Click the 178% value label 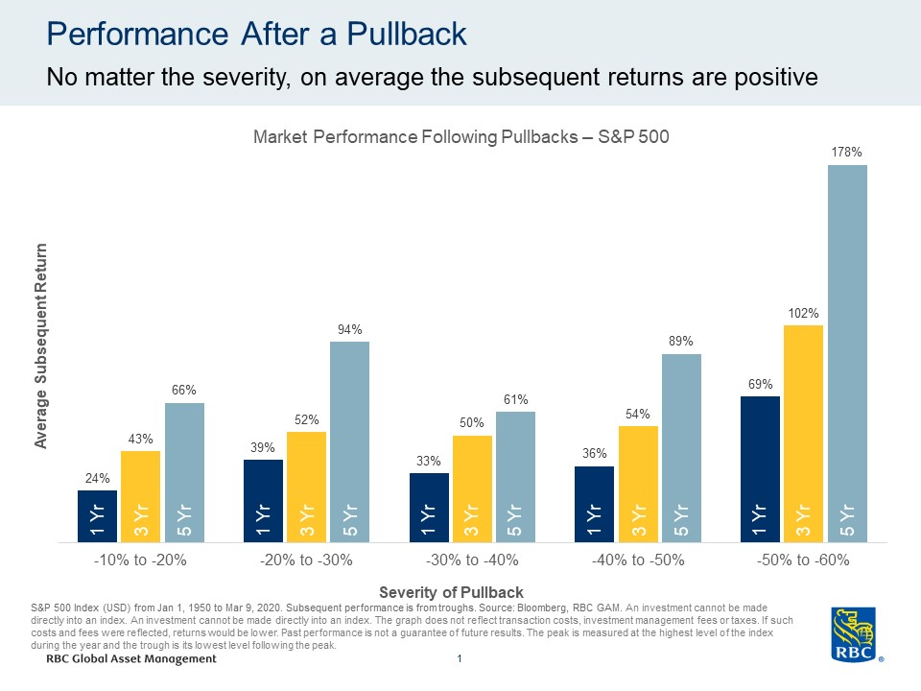click(x=847, y=152)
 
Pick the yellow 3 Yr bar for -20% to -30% click(x=306, y=487)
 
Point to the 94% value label click(x=349, y=329)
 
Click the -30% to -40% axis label click(x=472, y=560)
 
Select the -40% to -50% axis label click(x=638, y=560)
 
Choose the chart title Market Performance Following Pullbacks click(x=460, y=137)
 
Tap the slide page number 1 click(x=460, y=659)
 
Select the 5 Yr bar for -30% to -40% click(x=515, y=477)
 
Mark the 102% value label click(x=804, y=313)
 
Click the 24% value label click(x=97, y=478)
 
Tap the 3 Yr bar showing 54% click(x=638, y=484)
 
